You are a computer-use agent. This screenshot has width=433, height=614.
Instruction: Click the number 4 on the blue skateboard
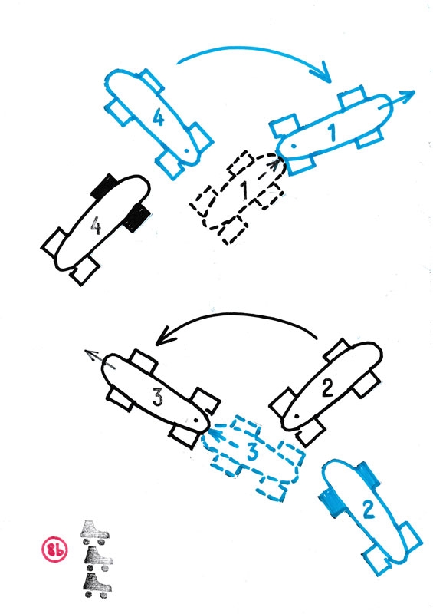point(158,117)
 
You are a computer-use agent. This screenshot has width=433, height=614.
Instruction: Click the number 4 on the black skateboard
point(97,226)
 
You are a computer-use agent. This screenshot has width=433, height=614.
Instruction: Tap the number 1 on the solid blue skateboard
point(332,132)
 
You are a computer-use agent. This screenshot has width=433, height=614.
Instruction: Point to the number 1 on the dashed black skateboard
point(244,190)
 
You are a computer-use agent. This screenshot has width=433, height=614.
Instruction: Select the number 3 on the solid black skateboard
point(157,398)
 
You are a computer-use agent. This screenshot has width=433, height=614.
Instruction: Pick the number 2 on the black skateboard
point(327,388)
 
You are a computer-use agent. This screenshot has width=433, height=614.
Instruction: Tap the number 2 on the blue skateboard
point(369,510)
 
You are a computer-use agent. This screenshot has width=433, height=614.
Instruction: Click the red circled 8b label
point(54,550)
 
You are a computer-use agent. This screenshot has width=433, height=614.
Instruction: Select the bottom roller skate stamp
point(97,585)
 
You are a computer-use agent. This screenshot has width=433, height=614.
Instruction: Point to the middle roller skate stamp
point(98,559)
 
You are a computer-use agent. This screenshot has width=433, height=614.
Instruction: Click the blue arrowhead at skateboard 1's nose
point(407,97)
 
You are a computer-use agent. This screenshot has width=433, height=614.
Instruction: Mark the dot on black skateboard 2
point(297,415)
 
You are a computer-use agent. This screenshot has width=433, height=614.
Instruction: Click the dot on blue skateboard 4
point(187,150)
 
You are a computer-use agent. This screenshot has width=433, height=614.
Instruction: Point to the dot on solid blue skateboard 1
point(293,146)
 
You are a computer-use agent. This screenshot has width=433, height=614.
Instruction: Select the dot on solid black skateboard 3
point(196,420)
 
